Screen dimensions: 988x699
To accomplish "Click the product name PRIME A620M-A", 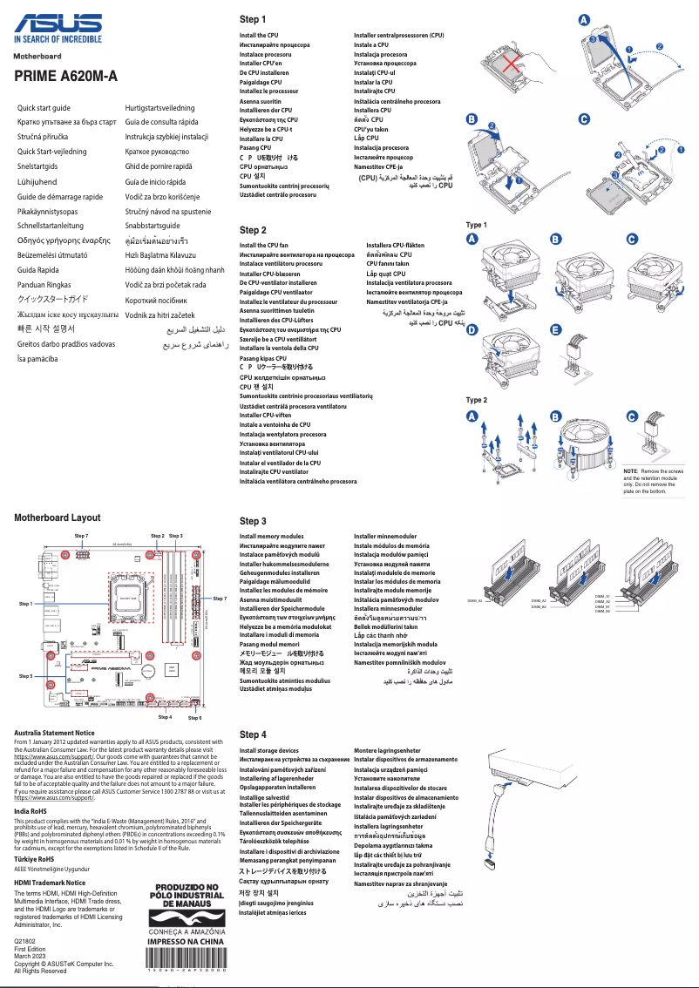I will coord(65,77).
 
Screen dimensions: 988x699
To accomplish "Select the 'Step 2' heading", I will coord(253,230).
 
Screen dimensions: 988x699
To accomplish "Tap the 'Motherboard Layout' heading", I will coord(58,518).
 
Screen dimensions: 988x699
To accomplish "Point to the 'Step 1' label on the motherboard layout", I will coord(24,603).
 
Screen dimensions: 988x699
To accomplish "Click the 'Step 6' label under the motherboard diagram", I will coord(195,717).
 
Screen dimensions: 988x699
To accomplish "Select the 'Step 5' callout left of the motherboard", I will coord(24,675).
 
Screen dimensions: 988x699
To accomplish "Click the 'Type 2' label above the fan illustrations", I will coord(477,400).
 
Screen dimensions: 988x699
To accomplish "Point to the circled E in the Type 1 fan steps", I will coord(556,329).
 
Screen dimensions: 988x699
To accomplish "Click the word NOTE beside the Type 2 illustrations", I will coord(631,470).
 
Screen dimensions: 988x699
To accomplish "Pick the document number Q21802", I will coord(25,942).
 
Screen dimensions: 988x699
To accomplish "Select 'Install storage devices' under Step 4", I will coord(269,750).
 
